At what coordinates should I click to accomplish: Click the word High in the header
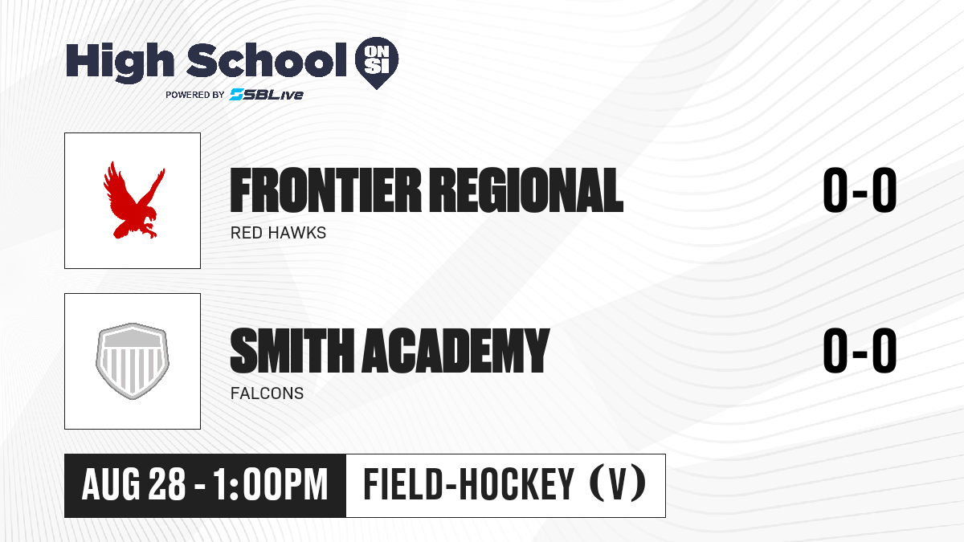(120, 62)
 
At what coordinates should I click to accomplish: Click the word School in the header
(267, 59)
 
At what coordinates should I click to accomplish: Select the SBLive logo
(266, 94)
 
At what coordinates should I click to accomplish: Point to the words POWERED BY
(195, 95)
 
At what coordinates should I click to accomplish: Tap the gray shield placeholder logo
(133, 361)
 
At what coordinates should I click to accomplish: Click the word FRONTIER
(325, 190)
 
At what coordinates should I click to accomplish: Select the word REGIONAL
(527, 190)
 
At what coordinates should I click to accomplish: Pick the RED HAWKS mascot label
(278, 233)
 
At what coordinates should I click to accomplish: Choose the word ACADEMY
(456, 350)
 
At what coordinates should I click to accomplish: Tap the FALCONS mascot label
(267, 393)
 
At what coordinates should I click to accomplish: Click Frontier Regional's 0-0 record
(860, 190)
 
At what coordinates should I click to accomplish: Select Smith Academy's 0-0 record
(860, 351)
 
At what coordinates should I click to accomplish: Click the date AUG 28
(133, 485)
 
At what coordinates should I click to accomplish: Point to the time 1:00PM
(270, 485)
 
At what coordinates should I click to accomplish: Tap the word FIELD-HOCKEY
(469, 484)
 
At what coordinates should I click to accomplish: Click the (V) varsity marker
(618, 484)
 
